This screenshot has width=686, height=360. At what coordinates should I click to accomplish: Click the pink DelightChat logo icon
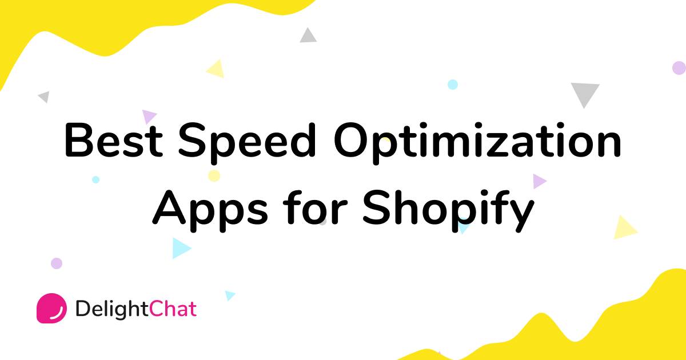pos(51,309)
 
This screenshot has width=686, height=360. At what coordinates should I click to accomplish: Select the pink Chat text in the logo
pos(173,309)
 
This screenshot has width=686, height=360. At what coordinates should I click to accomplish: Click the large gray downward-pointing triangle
pos(585,93)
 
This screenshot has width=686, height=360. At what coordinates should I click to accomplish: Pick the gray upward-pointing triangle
pos(308,36)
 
